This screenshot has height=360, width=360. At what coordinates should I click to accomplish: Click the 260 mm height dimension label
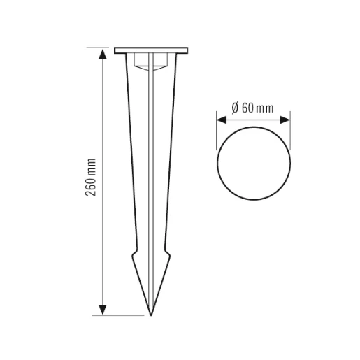pos(92,180)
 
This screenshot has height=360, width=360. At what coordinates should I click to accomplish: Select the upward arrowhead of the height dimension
pos(103,54)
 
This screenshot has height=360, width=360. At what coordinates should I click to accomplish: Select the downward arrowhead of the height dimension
pos(103,309)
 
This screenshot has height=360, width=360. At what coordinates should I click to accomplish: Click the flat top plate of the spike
pos(150,50)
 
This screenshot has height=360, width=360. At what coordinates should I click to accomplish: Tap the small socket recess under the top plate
pos(150,64)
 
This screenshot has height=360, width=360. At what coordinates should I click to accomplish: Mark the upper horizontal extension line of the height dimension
pos(108,48)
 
